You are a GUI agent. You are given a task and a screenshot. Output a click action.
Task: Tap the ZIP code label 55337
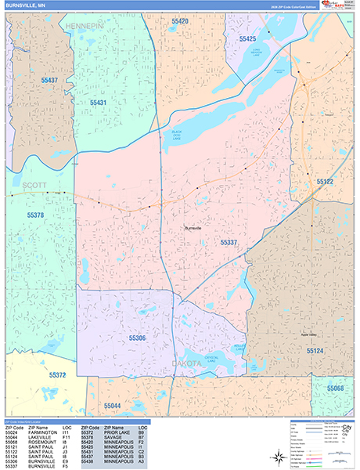229,243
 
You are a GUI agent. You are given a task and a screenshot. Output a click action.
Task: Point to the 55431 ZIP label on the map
98,103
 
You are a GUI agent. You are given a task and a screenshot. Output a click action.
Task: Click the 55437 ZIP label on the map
49,81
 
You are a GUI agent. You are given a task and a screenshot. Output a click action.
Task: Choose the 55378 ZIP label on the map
34,215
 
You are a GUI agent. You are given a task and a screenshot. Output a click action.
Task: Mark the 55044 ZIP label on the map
113,406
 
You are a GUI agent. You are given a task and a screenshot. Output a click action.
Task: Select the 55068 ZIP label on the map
335,389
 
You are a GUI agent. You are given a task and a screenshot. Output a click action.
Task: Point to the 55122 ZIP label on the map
325,182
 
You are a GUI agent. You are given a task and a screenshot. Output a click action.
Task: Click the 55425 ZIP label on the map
247,38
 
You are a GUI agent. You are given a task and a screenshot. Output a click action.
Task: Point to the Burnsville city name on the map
193,227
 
